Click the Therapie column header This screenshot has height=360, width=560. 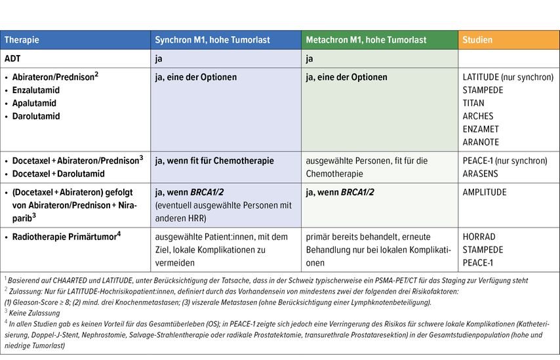(22, 40)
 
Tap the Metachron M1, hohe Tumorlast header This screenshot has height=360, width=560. (366, 40)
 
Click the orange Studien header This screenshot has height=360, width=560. (477, 40)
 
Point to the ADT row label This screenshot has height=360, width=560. (12, 58)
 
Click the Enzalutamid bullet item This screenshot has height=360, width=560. (36, 90)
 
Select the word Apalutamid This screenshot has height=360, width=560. (34, 103)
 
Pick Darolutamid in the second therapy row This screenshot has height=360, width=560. (36, 116)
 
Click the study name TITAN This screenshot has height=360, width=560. (473, 103)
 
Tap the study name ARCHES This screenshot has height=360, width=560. (477, 116)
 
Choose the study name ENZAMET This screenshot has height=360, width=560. (481, 129)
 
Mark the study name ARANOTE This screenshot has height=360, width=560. (481, 142)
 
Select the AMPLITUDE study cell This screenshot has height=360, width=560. (485, 192)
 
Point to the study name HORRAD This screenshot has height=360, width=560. (479, 237)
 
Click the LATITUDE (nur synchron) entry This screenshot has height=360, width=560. (508, 77)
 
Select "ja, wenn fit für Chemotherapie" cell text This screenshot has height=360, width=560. (214, 161)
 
